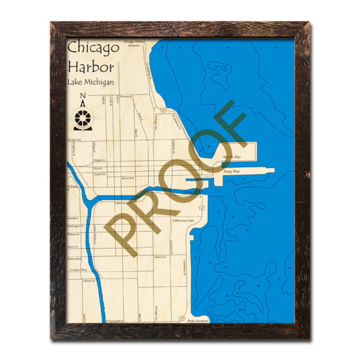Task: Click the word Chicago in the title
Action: click(94, 48)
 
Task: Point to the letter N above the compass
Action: click(83, 97)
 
